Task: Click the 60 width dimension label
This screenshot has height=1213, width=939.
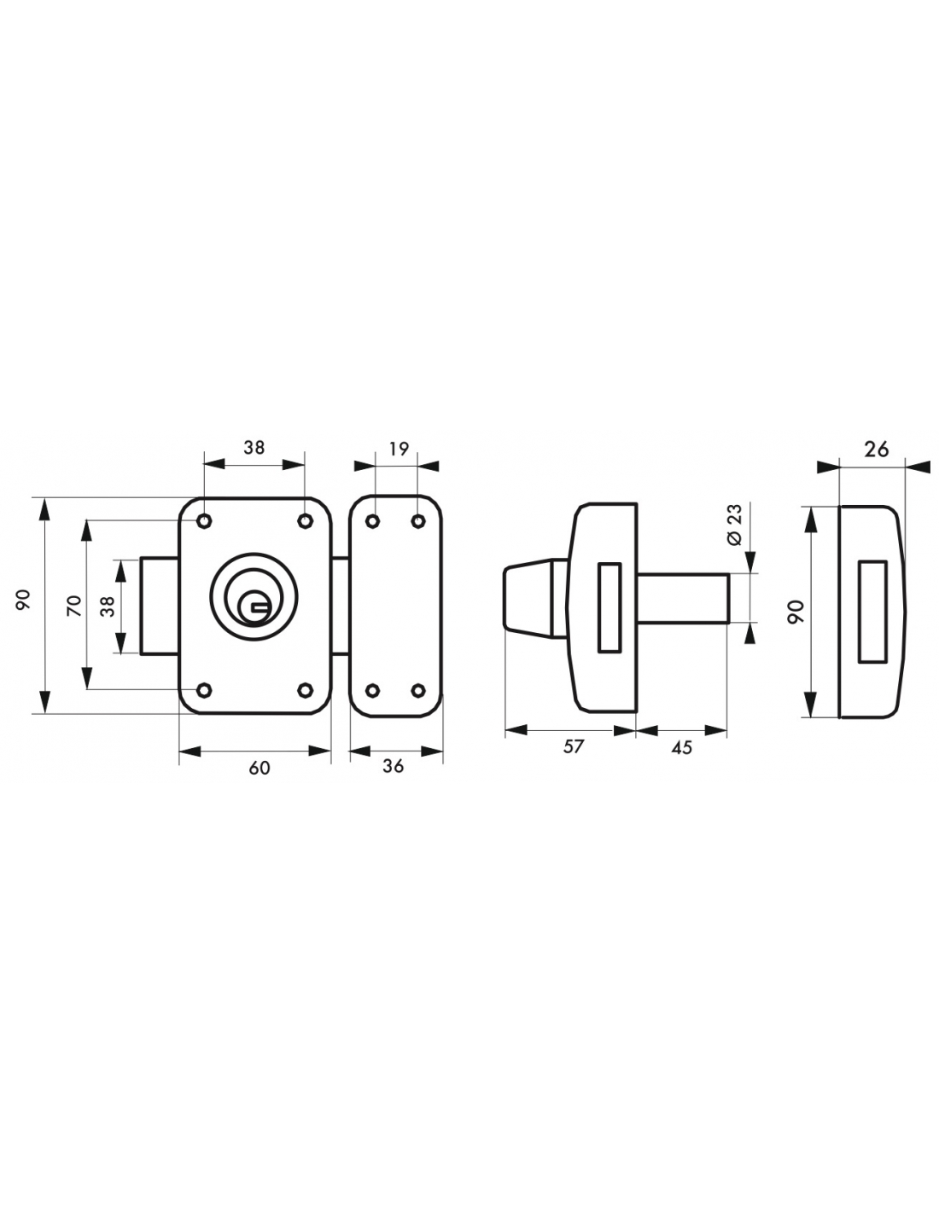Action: pos(260,768)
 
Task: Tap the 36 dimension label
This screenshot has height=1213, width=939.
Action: pos(393,766)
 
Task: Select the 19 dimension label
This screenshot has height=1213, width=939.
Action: pos(399,448)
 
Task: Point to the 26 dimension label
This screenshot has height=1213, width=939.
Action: pos(876,449)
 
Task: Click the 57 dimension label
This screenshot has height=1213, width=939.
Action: pos(573,746)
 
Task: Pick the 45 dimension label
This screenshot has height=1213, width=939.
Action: pos(681,747)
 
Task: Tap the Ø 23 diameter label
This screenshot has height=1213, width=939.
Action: pos(734,524)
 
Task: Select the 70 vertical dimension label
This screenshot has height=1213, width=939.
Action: pos(74,606)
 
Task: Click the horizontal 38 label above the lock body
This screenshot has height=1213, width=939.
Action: pos(254,447)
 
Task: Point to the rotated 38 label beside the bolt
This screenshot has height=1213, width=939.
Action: pos(108,606)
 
